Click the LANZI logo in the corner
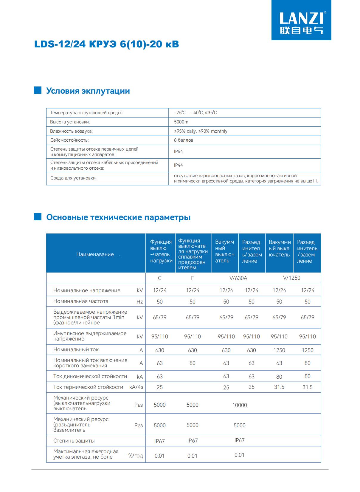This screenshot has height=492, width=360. pos(301,20)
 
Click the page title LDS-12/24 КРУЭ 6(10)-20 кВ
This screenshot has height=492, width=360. pos(107,44)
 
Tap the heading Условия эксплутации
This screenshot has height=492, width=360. pos(88,91)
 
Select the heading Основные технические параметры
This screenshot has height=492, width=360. pos(118,217)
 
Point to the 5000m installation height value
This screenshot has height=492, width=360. pos(181,122)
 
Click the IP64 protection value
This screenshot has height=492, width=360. pos(179,151)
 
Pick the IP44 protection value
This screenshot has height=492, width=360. pos(179,165)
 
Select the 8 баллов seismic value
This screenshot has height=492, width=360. pos(184,140)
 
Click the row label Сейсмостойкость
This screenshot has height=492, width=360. pos(69,140)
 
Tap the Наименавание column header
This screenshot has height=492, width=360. pos(95,254)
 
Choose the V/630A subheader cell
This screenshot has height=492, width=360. pos(238,278)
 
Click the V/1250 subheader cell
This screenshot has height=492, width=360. pos(292,278)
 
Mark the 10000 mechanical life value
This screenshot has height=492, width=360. pos(240,405)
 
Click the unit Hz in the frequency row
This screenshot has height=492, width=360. pos(140,301)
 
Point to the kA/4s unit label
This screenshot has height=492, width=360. pos(136,387)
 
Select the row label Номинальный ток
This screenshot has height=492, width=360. pos(76,349)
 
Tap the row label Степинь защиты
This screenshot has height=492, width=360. pos(74,441)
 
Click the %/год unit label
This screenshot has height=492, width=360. pos(136,456)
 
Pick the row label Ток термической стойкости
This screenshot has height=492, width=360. pos(88,387)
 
